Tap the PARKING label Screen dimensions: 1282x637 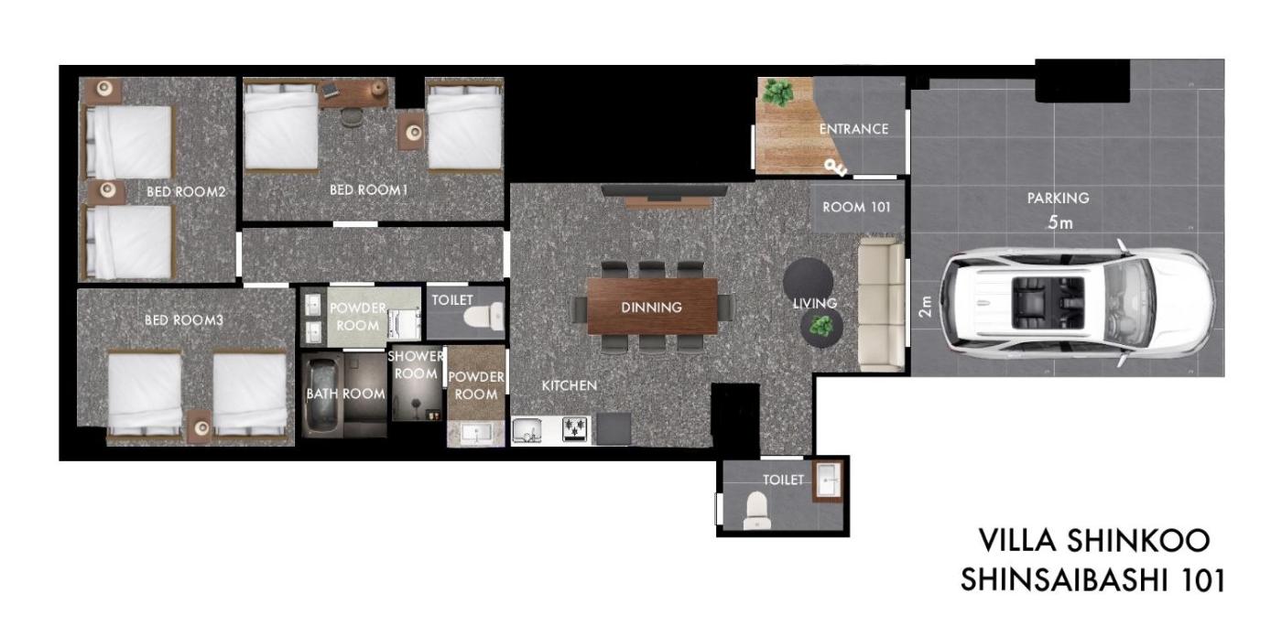[x=1058, y=199]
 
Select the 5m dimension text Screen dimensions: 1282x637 [x=1060, y=222]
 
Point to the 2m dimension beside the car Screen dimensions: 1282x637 [x=925, y=306]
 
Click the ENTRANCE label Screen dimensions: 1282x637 [x=853, y=129]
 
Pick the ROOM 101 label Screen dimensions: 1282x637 [x=856, y=207]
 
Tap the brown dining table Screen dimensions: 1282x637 [x=652, y=306]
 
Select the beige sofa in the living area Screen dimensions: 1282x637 [x=881, y=305]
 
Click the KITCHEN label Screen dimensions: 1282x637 [x=569, y=386]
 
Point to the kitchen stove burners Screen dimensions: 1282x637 [x=575, y=429]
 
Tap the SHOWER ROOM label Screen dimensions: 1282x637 [x=416, y=365]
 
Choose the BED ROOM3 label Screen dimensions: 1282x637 [x=183, y=320]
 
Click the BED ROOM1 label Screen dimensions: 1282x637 [x=368, y=189]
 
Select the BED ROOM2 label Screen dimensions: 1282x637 [x=186, y=191]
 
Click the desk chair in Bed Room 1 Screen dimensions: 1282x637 [x=350, y=116]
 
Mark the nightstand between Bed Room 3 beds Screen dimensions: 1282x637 [x=201, y=426]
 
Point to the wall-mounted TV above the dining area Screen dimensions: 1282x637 [x=664, y=190]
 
